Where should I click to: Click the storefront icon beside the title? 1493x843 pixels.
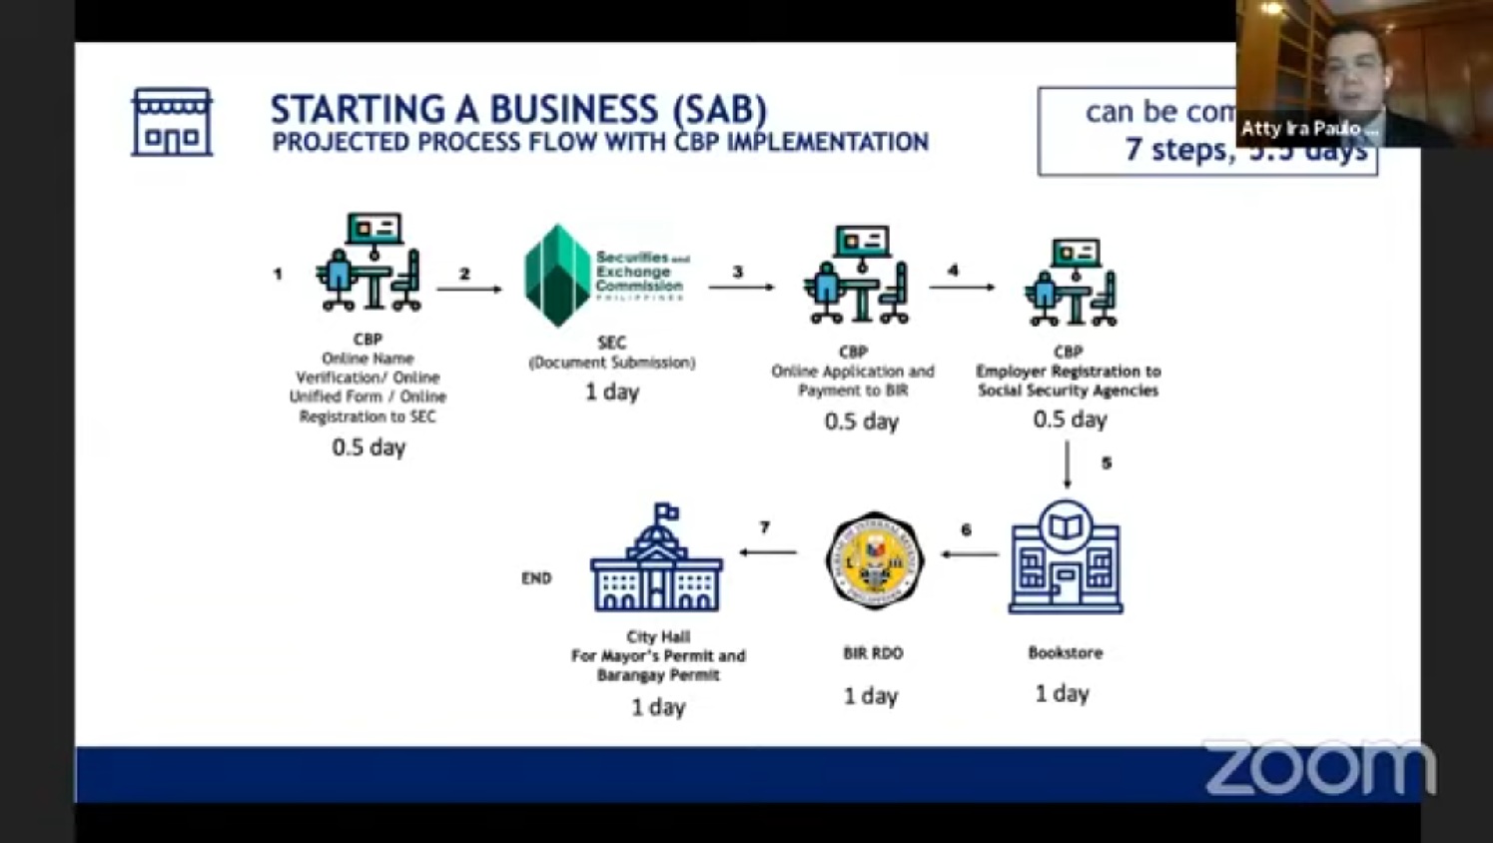point(172,122)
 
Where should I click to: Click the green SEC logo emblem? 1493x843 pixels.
point(557,276)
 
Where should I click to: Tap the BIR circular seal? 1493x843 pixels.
point(875,560)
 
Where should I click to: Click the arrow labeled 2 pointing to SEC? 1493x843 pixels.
point(469,289)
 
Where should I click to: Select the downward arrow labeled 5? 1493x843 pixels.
point(1068,464)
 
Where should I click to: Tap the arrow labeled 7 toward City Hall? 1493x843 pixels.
point(768,551)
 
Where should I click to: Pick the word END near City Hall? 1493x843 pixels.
point(536,578)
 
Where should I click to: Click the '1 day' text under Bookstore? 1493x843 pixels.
point(1062,693)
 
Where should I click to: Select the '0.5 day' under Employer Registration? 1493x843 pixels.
point(1070,420)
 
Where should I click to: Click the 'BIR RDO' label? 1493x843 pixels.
point(873,653)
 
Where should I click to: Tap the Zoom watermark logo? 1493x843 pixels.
point(1320,768)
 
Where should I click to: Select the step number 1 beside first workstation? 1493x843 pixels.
point(278,274)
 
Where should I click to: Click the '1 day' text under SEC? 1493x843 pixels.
point(612,392)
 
